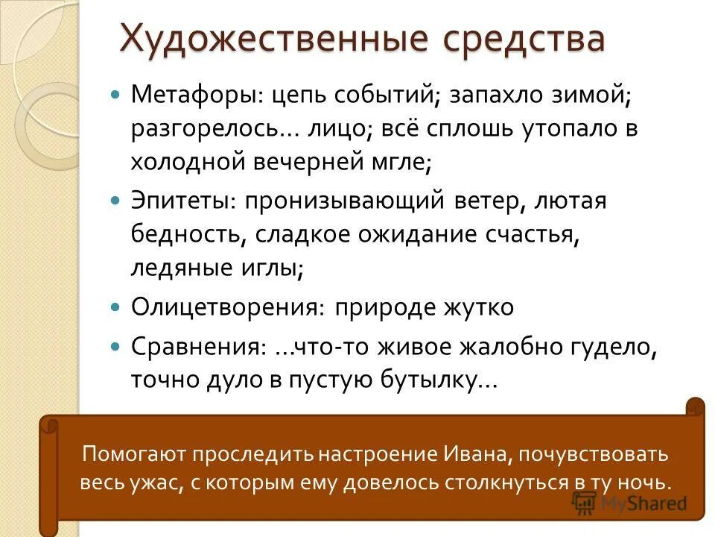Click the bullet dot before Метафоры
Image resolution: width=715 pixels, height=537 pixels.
115,96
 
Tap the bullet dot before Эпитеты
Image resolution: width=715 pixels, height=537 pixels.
115,201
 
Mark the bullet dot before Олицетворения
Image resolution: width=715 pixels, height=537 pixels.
115,307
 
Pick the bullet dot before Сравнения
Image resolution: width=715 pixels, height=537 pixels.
115,347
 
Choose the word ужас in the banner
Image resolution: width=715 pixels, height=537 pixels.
149,482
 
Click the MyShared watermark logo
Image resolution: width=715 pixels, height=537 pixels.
630,503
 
